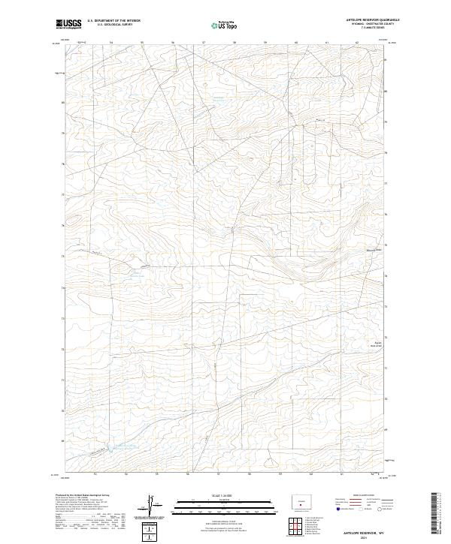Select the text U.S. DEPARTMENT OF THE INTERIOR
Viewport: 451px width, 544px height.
click(x=114, y=20)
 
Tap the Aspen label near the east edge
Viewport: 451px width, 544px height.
click(x=378, y=344)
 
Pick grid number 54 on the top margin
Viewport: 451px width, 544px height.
click(x=111, y=43)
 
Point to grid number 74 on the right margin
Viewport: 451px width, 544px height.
click(x=386, y=275)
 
